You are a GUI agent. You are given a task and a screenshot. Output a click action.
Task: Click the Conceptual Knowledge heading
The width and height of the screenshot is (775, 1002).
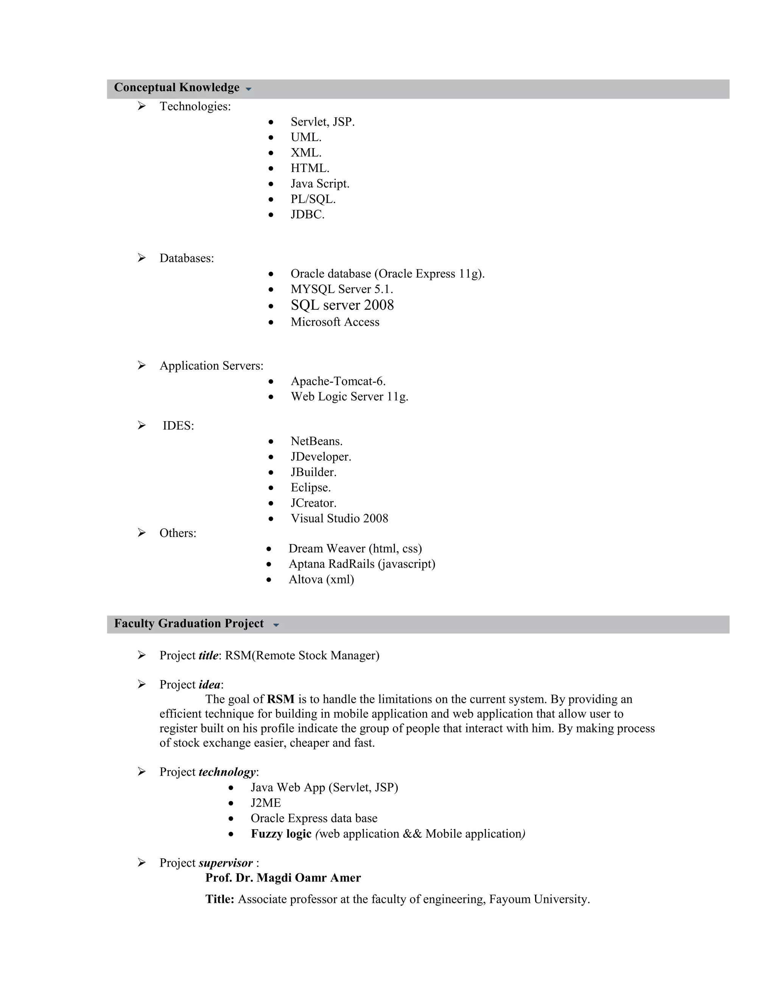[x=177, y=88]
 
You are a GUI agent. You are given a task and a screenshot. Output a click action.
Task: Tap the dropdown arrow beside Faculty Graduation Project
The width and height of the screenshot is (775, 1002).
[x=276, y=625]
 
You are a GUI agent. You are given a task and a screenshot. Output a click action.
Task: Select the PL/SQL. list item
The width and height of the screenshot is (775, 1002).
[x=313, y=199]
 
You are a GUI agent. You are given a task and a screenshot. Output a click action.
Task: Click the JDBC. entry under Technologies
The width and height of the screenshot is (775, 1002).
[x=307, y=215]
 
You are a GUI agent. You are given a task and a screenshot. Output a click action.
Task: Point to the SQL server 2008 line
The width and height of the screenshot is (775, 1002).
[x=342, y=305]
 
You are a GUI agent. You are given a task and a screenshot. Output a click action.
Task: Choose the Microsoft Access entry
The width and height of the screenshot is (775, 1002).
[x=335, y=322]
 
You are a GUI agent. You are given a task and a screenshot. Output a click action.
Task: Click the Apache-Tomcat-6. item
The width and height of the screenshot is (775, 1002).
[x=338, y=381]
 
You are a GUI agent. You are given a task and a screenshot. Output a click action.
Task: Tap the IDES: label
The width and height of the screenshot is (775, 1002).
[x=178, y=426]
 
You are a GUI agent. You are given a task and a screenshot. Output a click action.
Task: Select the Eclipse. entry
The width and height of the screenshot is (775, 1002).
[x=310, y=487]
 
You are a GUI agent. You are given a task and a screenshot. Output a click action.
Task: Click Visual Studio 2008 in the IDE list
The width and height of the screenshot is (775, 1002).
[x=339, y=518]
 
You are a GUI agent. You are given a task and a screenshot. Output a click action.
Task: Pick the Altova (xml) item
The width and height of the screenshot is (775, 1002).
[x=321, y=579]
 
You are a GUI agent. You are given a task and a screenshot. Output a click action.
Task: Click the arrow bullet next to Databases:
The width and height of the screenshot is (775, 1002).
[x=142, y=258]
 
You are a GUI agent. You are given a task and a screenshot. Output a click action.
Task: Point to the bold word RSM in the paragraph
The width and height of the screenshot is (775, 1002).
[x=280, y=699]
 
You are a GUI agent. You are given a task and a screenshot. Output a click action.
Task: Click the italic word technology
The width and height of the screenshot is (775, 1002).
[x=227, y=772]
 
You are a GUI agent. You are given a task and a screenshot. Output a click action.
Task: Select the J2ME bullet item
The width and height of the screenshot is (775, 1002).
[x=265, y=803]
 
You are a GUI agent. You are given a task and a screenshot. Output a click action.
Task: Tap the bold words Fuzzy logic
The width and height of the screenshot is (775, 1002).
[x=281, y=834]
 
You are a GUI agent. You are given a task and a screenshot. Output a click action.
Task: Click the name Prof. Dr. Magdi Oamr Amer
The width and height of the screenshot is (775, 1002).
[x=283, y=878]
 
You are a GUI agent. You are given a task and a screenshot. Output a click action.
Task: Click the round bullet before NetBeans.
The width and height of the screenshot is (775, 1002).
[x=271, y=442]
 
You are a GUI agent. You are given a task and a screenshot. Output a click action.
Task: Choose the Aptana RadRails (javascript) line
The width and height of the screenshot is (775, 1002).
[x=362, y=564]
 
